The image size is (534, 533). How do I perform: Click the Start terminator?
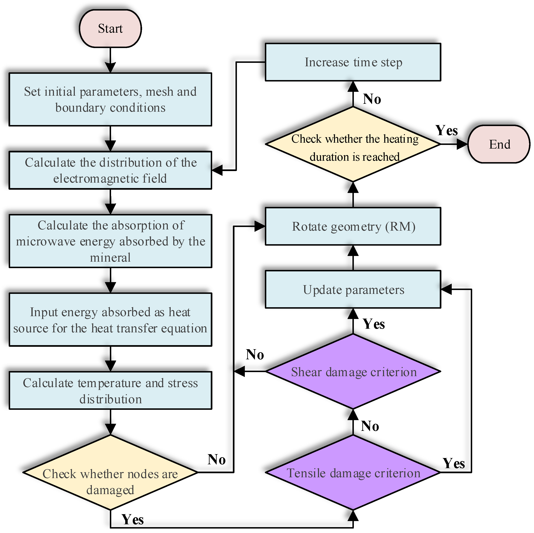pyautogui.click(x=110, y=29)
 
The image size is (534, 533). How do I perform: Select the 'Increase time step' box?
pyautogui.click(x=353, y=62)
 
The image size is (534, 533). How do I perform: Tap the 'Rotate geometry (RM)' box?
pyautogui.click(x=353, y=226)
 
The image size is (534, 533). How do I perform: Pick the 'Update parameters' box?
pyautogui.click(x=353, y=289)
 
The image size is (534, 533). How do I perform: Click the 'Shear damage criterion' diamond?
pyautogui.click(x=353, y=371)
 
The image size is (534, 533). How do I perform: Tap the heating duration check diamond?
pyautogui.click(x=353, y=144)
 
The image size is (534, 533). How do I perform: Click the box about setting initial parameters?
pyautogui.click(x=110, y=100)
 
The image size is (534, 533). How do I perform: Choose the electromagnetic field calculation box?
pyautogui.click(x=110, y=170)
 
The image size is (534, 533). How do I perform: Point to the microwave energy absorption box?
pyautogui.click(x=110, y=241)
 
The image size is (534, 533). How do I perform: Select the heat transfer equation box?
pyautogui.click(x=110, y=320)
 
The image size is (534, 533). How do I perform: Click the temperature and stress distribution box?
pyautogui.click(x=110, y=390)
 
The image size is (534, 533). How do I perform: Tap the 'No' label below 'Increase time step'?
pyautogui.click(x=372, y=99)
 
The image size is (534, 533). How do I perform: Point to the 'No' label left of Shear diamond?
pyautogui.click(x=255, y=354)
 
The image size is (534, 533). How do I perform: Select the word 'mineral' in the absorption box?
pyautogui.click(x=110, y=258)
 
